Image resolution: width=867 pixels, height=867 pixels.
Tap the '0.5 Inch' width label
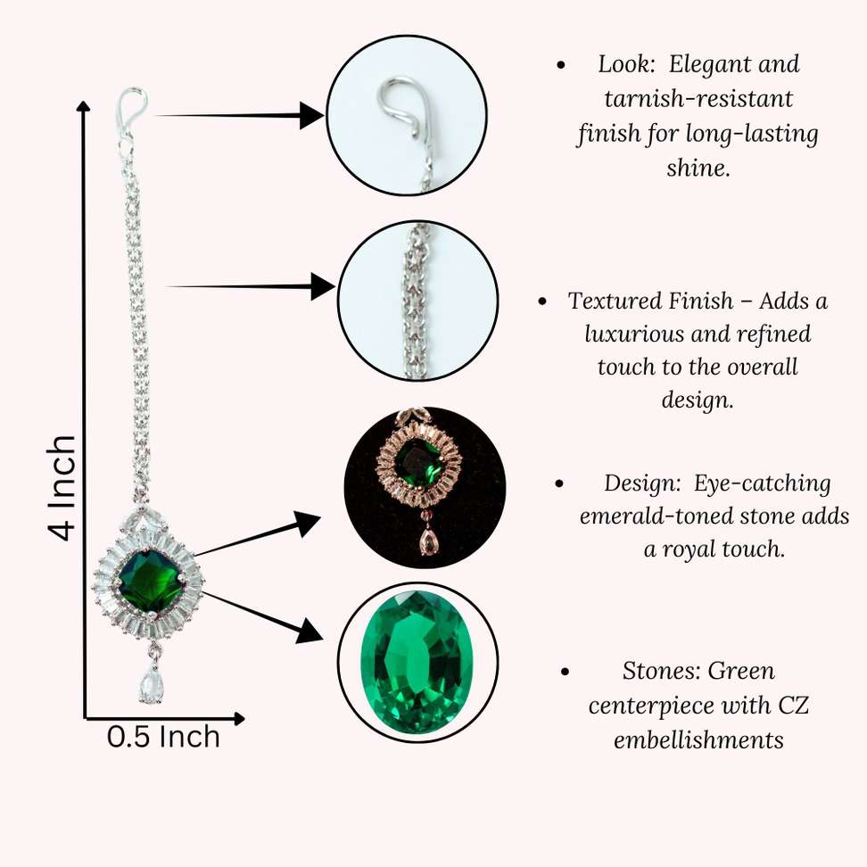(x=163, y=737)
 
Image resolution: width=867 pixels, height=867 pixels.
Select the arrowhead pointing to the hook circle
(x=311, y=115)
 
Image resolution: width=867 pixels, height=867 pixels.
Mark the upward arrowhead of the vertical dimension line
(x=85, y=110)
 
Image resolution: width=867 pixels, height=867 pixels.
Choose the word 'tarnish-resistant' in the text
(x=684, y=98)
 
